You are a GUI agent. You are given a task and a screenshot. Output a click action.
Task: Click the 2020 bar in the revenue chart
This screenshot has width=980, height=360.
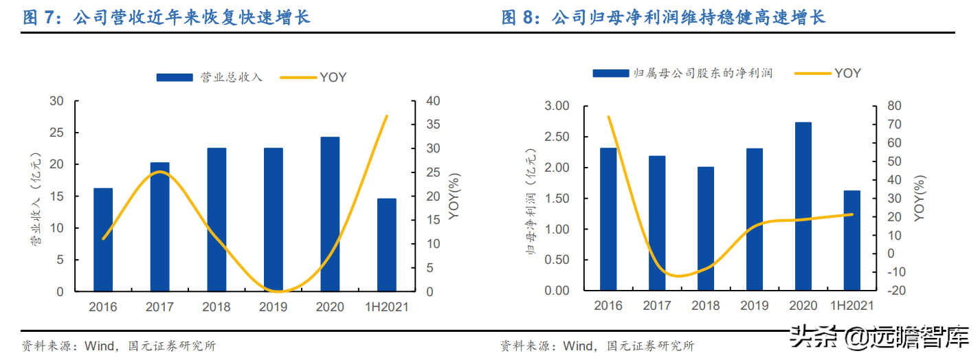(x=330, y=214)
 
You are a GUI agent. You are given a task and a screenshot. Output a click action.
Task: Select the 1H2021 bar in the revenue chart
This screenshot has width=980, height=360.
(x=387, y=245)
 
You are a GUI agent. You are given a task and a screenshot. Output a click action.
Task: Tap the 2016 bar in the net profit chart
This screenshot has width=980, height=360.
(x=608, y=219)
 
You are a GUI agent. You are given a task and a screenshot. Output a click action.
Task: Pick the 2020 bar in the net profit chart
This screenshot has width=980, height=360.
(x=803, y=206)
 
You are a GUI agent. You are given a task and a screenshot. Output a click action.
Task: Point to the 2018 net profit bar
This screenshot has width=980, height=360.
(x=706, y=229)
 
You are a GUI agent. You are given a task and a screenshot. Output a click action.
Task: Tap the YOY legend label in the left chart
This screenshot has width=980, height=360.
(x=333, y=77)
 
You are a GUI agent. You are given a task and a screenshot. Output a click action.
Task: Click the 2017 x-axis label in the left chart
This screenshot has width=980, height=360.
(x=160, y=307)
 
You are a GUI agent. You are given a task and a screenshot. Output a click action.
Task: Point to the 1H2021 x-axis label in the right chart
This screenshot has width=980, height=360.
(x=852, y=306)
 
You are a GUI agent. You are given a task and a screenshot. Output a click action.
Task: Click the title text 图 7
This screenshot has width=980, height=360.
(x=38, y=16)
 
